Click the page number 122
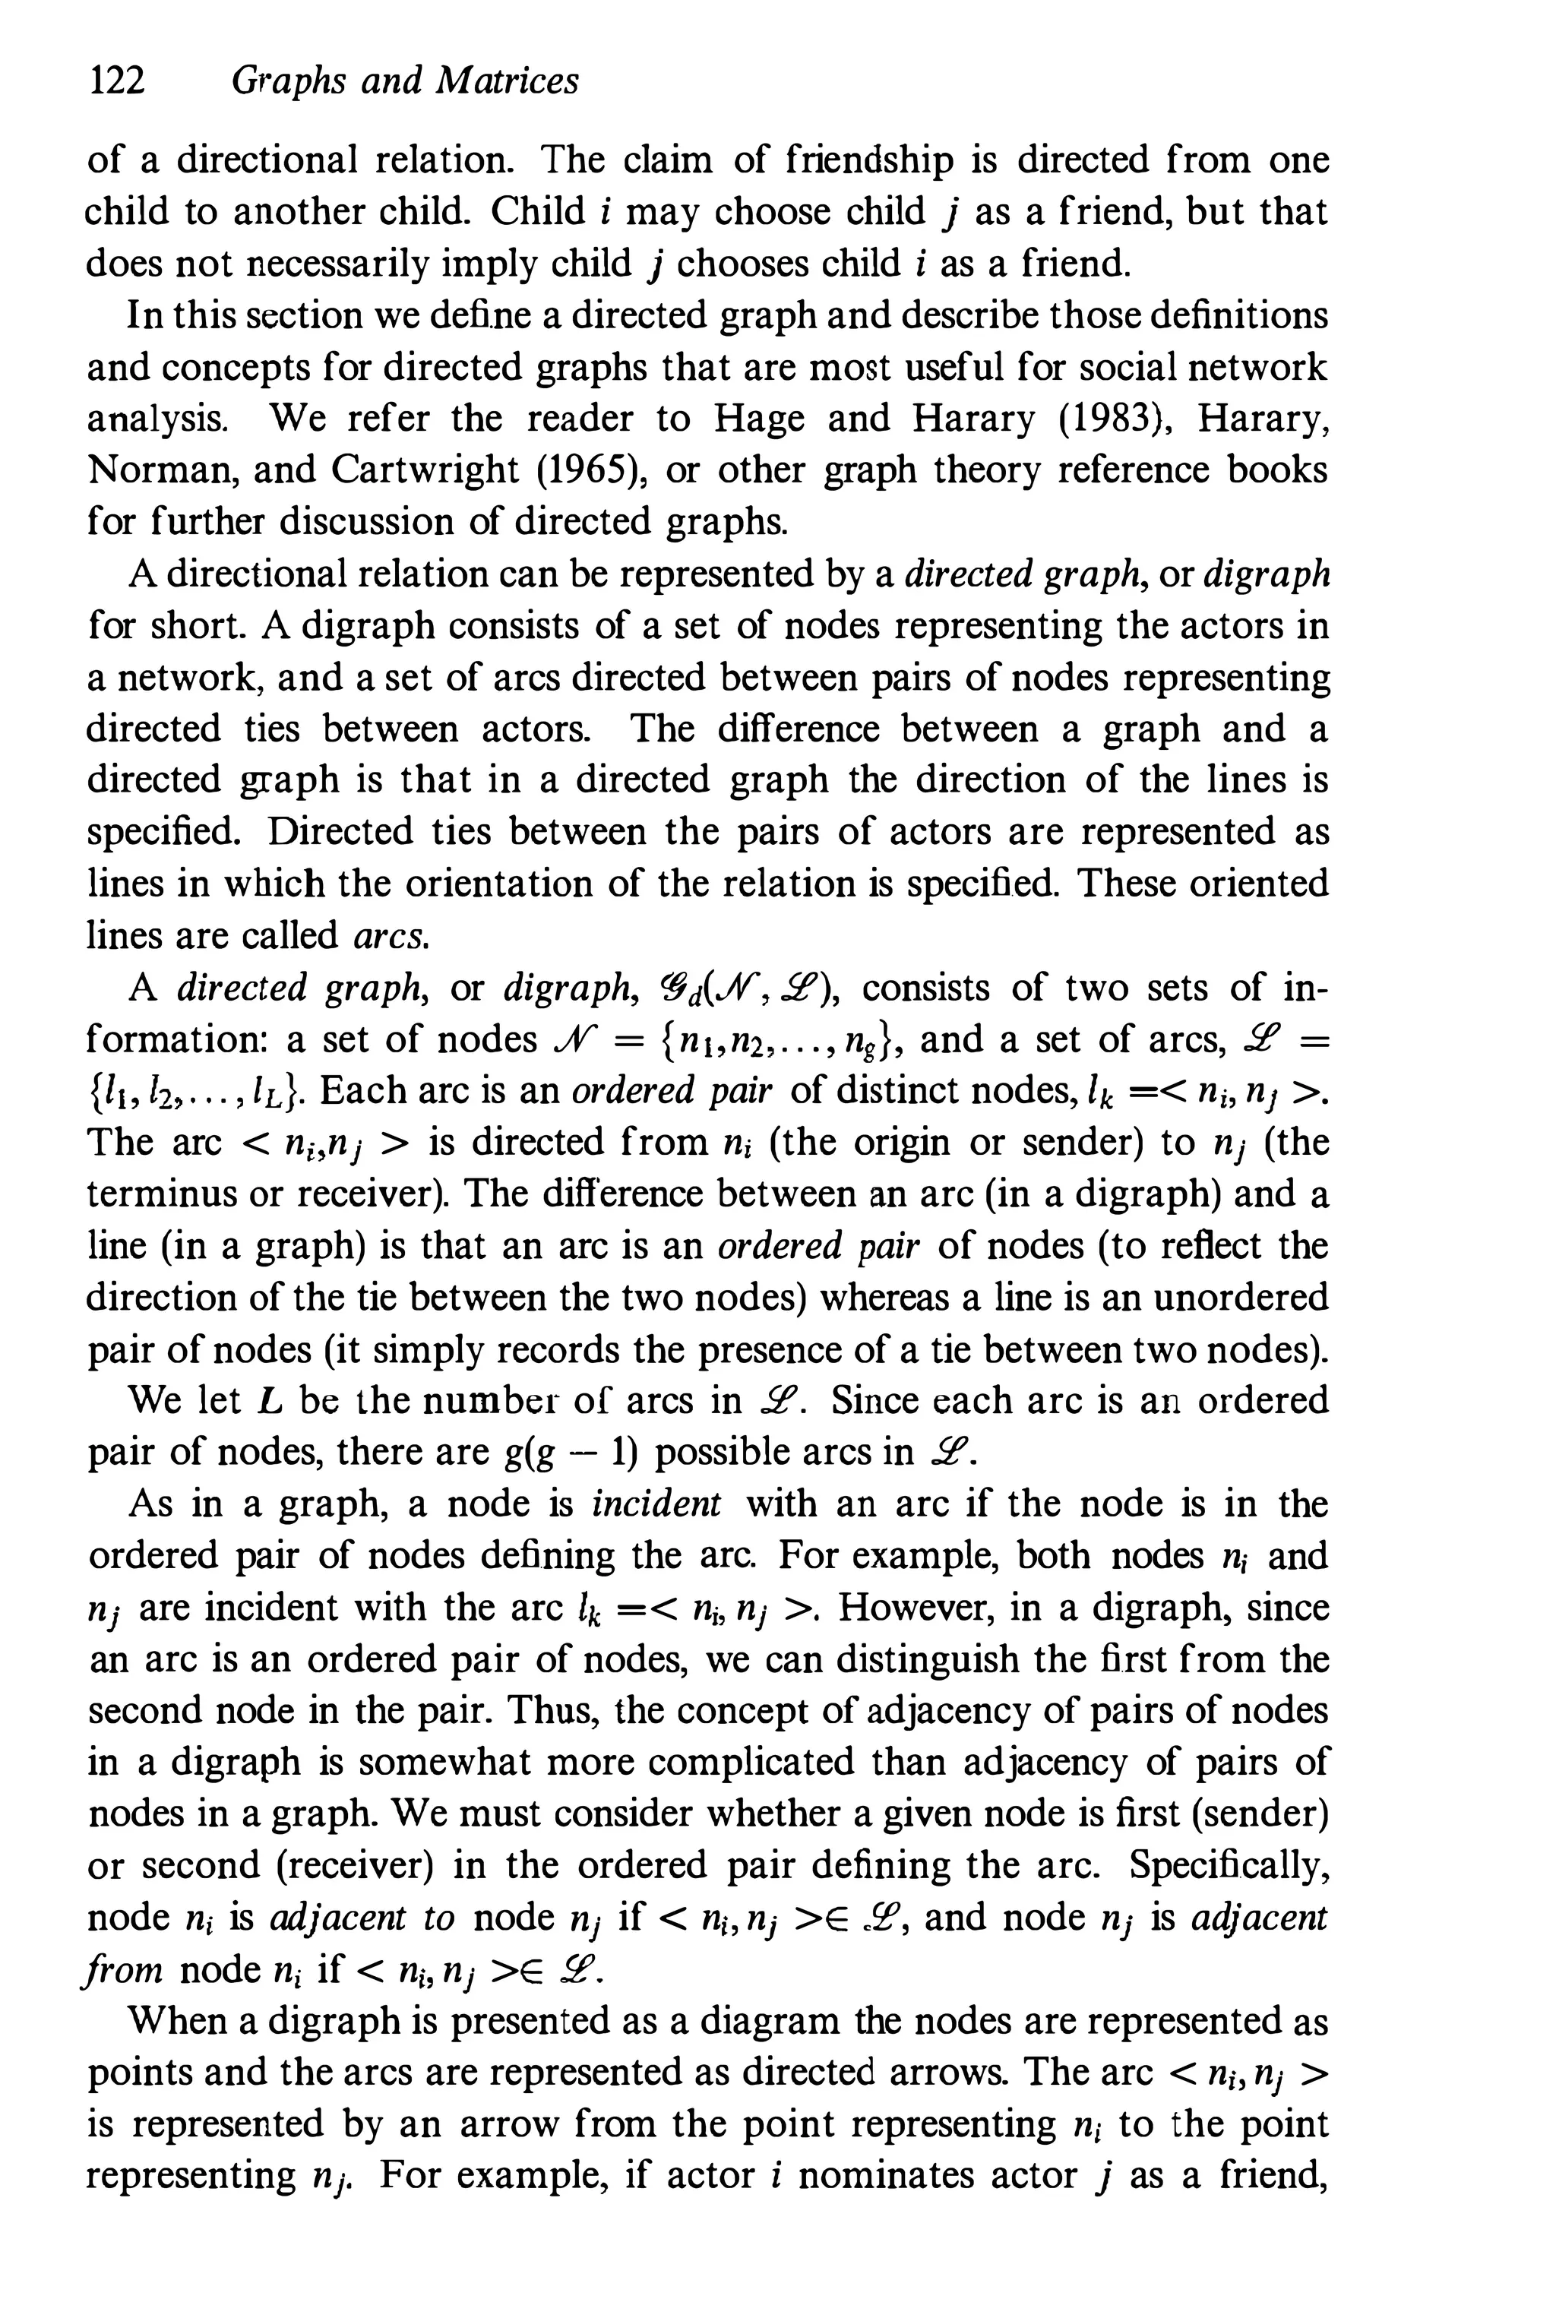coord(117,81)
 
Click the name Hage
coord(759,419)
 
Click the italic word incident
coord(656,1504)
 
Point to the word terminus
coord(160,1194)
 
